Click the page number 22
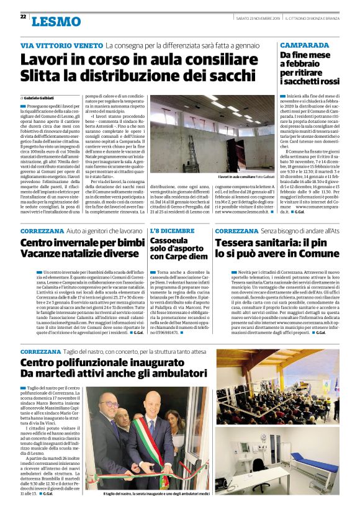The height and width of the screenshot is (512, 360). [23, 16]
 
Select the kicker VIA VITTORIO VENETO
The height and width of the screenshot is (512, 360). [61, 46]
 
